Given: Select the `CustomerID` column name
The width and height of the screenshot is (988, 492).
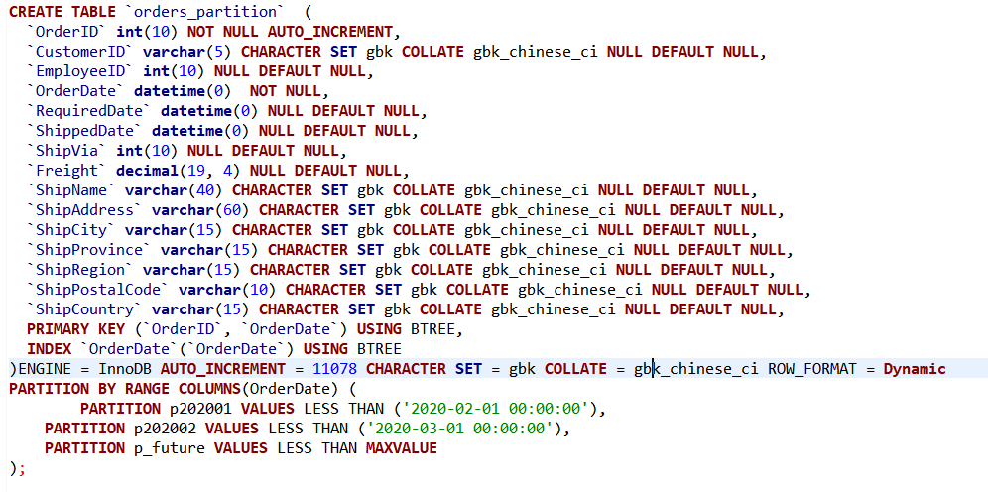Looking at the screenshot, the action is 80,51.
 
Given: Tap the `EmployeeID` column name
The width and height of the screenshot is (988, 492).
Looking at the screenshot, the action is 80,71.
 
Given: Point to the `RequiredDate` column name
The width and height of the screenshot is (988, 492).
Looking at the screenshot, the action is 89,111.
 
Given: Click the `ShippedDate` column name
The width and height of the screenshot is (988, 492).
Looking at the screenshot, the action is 85,131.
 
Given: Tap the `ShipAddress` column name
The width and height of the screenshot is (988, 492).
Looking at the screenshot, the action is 85,210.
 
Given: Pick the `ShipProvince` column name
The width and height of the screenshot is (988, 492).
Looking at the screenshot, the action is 89,250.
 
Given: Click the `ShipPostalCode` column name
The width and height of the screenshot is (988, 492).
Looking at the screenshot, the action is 98,290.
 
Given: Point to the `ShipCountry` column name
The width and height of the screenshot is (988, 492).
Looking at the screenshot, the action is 85,309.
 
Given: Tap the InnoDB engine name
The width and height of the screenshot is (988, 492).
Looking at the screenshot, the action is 125,369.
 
